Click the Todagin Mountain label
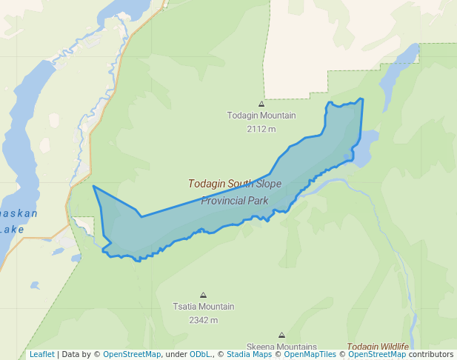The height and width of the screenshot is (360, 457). (x=261, y=116)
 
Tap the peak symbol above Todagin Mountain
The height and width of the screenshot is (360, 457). (x=261, y=104)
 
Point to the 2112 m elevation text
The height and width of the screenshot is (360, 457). (x=261, y=129)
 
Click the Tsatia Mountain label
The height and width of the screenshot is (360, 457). (x=203, y=307)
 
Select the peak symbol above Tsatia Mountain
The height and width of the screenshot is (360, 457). (x=203, y=295)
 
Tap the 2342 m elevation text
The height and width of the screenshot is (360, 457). (x=203, y=320)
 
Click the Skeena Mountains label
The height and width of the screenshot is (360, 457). (x=281, y=347)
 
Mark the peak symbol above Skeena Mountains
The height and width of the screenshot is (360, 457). (x=281, y=336)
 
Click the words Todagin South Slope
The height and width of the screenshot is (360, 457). (x=234, y=184)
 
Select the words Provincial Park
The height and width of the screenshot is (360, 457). (x=234, y=201)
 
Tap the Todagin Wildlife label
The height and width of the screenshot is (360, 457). (x=378, y=347)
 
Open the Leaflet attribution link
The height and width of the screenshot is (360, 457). (x=41, y=354)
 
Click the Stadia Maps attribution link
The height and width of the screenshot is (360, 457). (x=249, y=354)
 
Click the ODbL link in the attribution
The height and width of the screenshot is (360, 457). (x=200, y=354)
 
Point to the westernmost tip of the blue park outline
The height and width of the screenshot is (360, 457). (x=93, y=186)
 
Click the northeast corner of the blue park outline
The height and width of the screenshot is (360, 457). (x=362, y=99)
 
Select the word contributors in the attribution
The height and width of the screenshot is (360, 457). (x=431, y=354)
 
